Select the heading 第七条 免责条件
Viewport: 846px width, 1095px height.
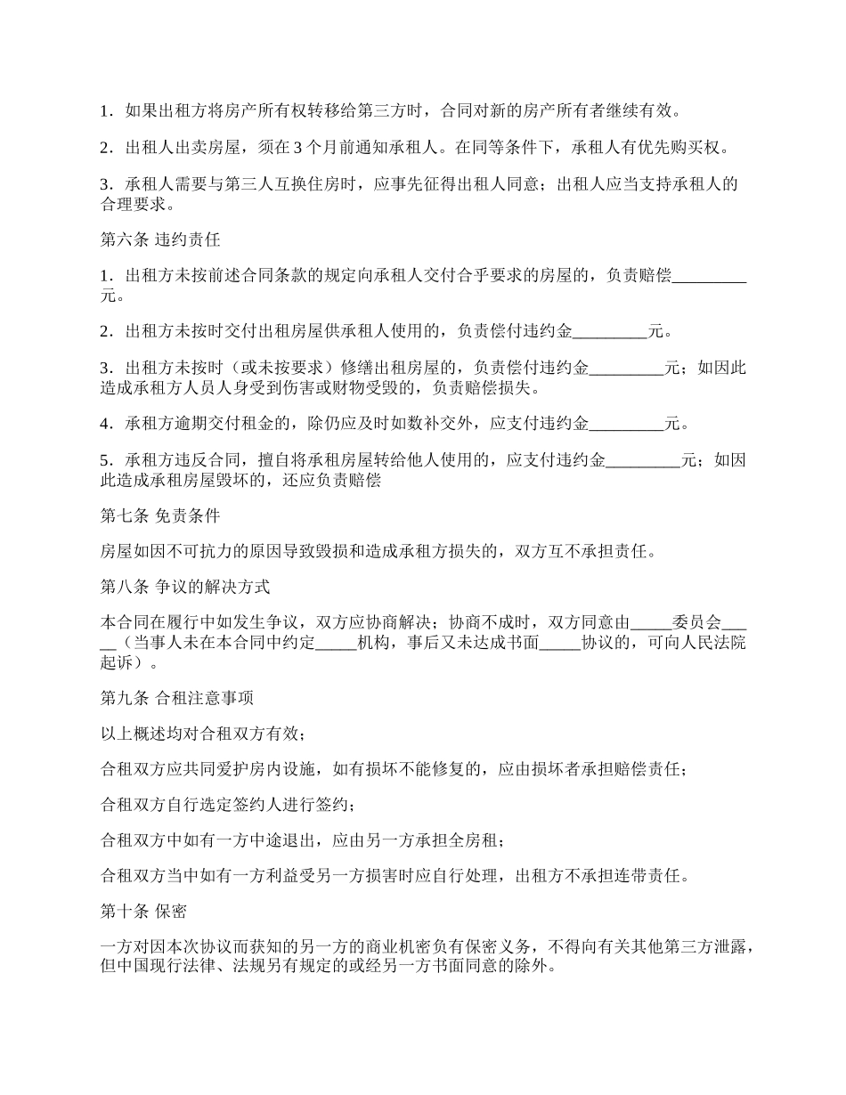coord(160,515)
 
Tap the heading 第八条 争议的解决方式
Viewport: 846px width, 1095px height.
coord(185,588)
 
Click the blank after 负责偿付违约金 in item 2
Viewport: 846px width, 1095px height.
coord(610,332)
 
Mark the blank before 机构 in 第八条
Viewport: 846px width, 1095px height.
coord(336,643)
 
